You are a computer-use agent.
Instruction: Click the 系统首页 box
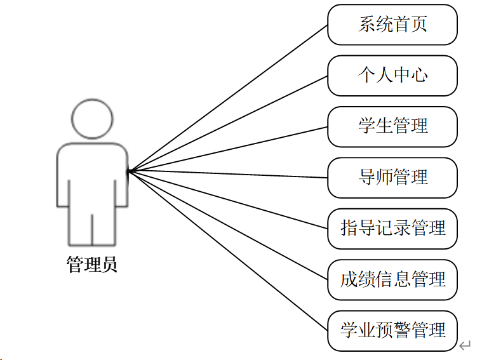[392, 25]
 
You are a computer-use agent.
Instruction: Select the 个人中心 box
[392, 76]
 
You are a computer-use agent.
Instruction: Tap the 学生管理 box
[392, 126]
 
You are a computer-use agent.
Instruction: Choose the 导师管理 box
[392, 177]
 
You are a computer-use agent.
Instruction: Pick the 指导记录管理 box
[392, 229]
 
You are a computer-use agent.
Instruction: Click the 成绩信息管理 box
[392, 279]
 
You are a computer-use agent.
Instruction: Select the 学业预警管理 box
[392, 330]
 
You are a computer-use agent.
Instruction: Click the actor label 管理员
[92, 264]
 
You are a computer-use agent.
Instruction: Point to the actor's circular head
[92, 118]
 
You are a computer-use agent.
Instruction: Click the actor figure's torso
[92, 178]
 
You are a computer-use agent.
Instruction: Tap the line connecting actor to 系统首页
[229, 98]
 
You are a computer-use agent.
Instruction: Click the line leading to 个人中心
[229, 123]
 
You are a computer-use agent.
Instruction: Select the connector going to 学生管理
[229, 149]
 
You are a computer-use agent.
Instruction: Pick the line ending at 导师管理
[229, 174]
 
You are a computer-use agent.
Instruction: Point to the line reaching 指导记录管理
[229, 199]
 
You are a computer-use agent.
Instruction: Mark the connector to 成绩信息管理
[229, 225]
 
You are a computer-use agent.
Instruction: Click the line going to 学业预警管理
[229, 250]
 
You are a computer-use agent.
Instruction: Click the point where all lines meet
[128, 171]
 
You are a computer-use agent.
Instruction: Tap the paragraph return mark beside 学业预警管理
[465, 345]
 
